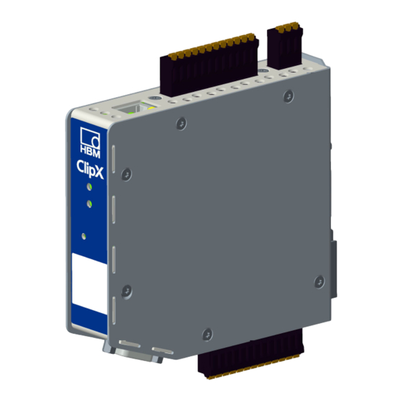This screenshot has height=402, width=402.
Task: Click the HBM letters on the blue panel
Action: point(90,151)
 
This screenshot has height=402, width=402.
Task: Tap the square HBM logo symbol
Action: point(90,136)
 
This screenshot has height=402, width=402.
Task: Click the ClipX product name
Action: point(90,169)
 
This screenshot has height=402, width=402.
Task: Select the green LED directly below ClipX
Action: point(89,187)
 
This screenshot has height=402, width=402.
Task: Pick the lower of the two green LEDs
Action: point(89,204)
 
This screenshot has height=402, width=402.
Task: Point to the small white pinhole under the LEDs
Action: point(83,236)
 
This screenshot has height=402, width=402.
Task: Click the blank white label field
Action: point(89,284)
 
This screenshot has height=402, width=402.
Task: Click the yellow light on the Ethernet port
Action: point(151,108)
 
